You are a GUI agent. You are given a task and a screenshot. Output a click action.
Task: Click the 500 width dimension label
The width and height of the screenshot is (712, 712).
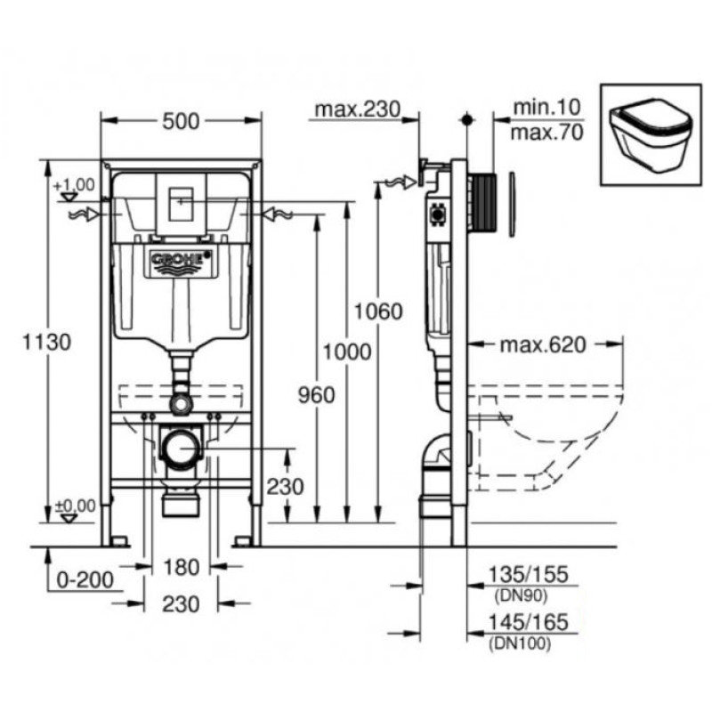tap(182, 123)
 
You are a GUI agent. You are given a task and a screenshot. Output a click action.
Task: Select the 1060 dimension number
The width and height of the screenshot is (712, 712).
tap(378, 311)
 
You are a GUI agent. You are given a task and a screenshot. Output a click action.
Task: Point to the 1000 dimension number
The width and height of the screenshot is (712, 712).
tap(348, 351)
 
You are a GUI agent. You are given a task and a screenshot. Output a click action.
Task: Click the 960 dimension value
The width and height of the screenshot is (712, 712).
tap(317, 395)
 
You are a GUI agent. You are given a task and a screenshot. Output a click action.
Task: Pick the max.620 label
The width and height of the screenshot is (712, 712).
tap(542, 345)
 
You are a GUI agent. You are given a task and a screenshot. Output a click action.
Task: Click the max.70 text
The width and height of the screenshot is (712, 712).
tap(547, 134)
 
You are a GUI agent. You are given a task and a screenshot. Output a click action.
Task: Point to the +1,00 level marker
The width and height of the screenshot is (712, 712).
tap(74, 185)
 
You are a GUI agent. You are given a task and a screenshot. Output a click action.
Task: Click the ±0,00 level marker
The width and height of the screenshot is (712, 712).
tap(75, 506)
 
